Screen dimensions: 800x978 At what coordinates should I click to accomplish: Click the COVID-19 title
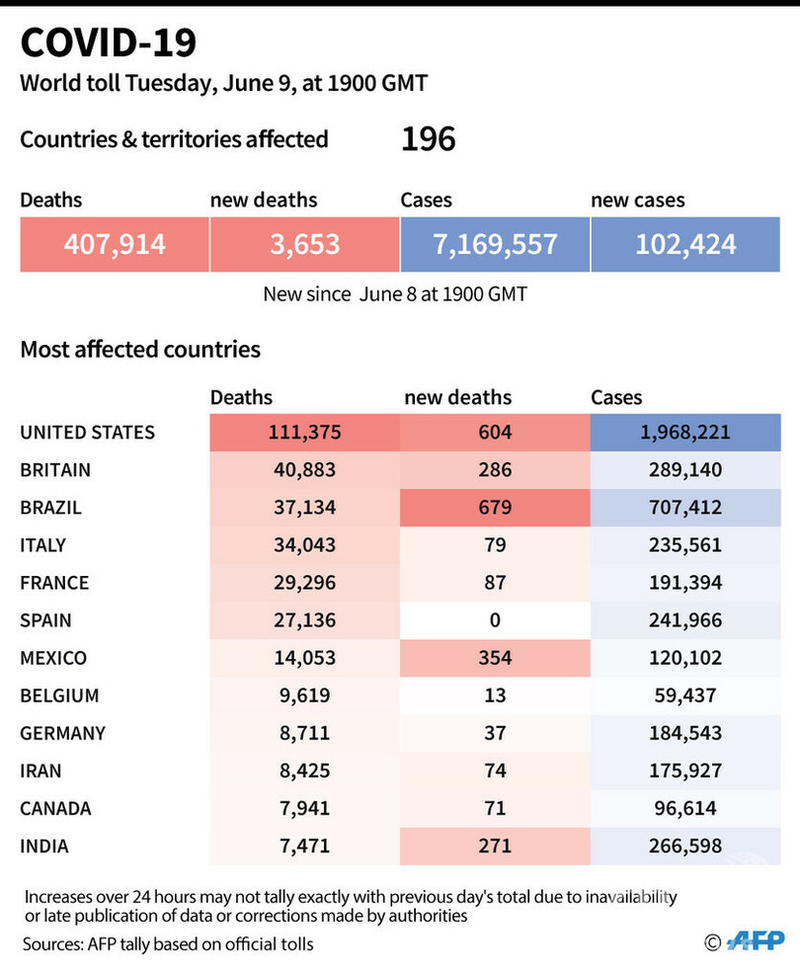coord(109,42)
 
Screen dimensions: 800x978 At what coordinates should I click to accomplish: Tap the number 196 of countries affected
coord(429,139)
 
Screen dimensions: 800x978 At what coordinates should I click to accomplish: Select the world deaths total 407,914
coord(115,245)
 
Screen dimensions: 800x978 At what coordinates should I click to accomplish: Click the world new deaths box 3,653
coord(305,245)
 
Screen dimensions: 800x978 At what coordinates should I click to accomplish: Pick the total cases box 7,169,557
coord(495,245)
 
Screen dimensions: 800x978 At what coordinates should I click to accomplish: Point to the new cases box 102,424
coord(685,245)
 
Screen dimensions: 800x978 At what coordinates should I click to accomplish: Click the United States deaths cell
coord(305,433)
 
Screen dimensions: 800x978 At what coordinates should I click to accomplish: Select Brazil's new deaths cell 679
coord(495,508)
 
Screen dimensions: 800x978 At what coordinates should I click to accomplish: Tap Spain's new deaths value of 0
coord(495,620)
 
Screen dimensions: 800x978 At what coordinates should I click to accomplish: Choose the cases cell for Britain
coord(685,469)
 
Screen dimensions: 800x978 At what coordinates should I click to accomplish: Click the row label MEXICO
coord(53,658)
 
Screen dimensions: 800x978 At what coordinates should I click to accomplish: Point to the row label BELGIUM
coord(60,695)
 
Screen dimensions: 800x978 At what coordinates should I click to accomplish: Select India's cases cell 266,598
coord(685,847)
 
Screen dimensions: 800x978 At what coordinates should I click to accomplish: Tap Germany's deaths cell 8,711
coord(305,733)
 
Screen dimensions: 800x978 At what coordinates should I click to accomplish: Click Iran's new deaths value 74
coord(495,771)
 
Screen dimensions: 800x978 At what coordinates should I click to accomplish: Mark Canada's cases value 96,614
coord(685,808)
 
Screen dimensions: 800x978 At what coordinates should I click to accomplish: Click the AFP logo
coord(756,940)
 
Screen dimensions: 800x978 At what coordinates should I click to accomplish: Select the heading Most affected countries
coord(140,350)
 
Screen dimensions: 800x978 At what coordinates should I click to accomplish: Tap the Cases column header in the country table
coord(616,397)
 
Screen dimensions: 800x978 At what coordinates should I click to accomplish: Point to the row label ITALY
coord(43,545)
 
